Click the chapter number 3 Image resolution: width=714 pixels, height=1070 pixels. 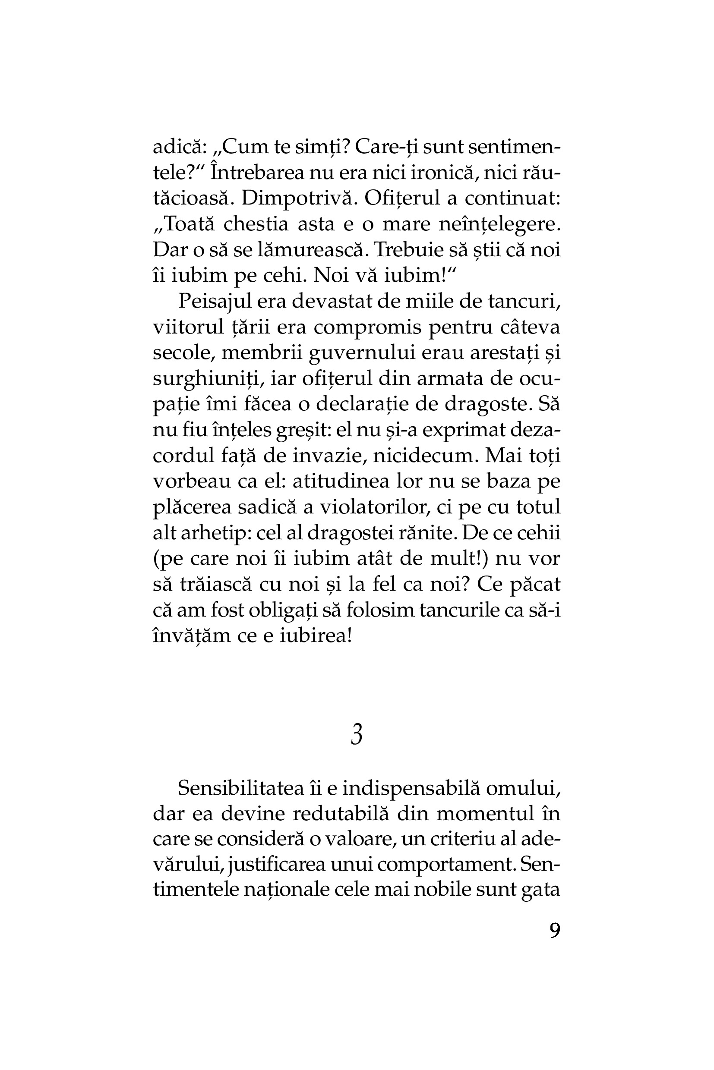point(357,735)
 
